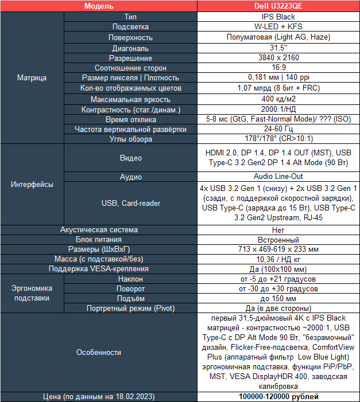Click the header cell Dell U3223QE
278,6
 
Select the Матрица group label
32,77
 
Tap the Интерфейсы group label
32,185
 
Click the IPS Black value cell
278,17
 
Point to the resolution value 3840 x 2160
278,57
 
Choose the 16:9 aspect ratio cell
278,68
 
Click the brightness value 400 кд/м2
278,99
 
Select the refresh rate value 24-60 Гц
278,129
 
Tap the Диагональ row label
130,48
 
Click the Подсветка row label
130,27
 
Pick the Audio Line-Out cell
278,177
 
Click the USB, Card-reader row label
130,203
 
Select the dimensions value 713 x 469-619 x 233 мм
278,249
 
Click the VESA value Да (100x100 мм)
278,269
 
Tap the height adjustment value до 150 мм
278,299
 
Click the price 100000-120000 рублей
278,397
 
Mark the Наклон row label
130,279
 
